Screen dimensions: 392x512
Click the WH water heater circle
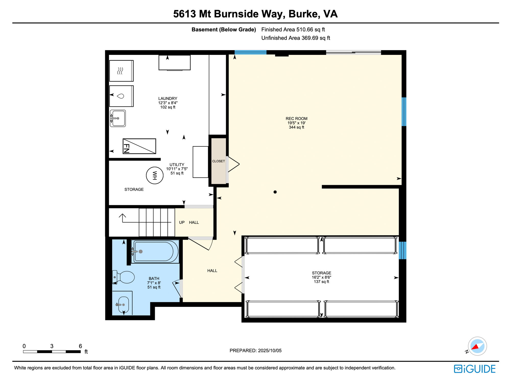pyautogui.click(x=154, y=175)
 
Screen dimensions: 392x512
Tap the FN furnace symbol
pyautogui.click(x=139, y=146)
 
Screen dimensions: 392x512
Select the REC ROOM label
pyautogui.click(x=296, y=119)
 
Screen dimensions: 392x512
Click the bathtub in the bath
pyautogui.click(x=155, y=252)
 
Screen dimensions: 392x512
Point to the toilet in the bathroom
pyautogui.click(x=124, y=277)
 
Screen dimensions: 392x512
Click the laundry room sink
pyautogui.click(x=118, y=118)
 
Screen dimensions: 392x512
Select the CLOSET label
pyautogui.click(x=218, y=161)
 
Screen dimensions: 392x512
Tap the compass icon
pyautogui.click(x=477, y=346)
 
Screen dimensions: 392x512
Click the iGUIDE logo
pyautogui.click(x=474, y=369)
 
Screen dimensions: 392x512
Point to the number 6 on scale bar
pyautogui.click(x=80, y=346)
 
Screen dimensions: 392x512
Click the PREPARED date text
pyautogui.click(x=255, y=351)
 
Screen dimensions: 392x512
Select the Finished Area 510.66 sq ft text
pyautogui.click(x=293, y=30)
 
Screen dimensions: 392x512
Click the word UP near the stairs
pyautogui.click(x=182, y=223)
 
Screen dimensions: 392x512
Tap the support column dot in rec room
pyautogui.click(x=275, y=192)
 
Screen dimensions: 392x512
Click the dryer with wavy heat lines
pyautogui.click(x=121, y=71)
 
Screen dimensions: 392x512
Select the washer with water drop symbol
pyautogui.click(x=121, y=96)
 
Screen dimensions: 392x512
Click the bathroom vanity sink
pyautogui.click(x=123, y=305)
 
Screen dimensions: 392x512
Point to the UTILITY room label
pyautogui.click(x=177, y=165)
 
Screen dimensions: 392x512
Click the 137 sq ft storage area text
pyautogui.click(x=321, y=282)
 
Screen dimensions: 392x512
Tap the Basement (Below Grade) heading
pyautogui.click(x=224, y=30)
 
